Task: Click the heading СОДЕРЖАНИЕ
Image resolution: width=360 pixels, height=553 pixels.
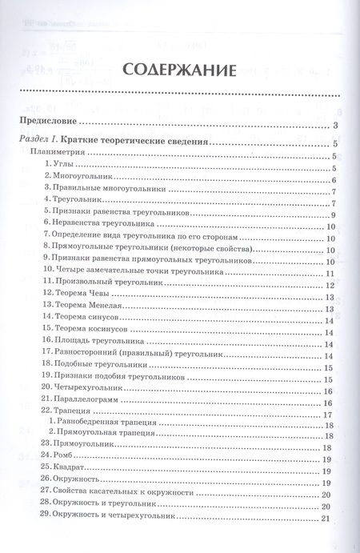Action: click(179, 70)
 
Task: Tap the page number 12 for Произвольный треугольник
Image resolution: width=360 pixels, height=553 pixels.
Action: click(330, 284)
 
